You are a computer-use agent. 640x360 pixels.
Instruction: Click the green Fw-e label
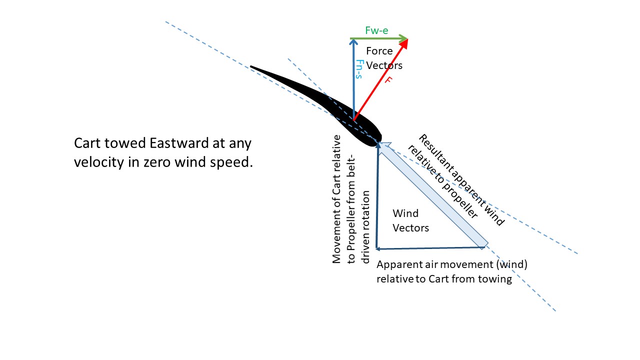(376, 30)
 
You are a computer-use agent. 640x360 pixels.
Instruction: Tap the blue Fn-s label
(358, 69)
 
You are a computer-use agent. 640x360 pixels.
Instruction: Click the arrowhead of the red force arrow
(404, 43)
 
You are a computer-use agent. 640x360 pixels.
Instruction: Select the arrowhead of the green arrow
(404, 38)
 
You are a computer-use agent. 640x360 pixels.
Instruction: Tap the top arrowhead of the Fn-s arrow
(353, 42)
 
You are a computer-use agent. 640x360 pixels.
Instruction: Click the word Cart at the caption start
(87, 143)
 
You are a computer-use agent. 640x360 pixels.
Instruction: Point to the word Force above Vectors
(379, 51)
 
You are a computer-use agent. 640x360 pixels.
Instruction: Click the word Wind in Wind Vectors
(405, 213)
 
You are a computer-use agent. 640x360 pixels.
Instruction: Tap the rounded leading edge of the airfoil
(379, 138)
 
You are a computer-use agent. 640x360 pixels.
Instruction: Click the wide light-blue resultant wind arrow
(433, 195)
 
